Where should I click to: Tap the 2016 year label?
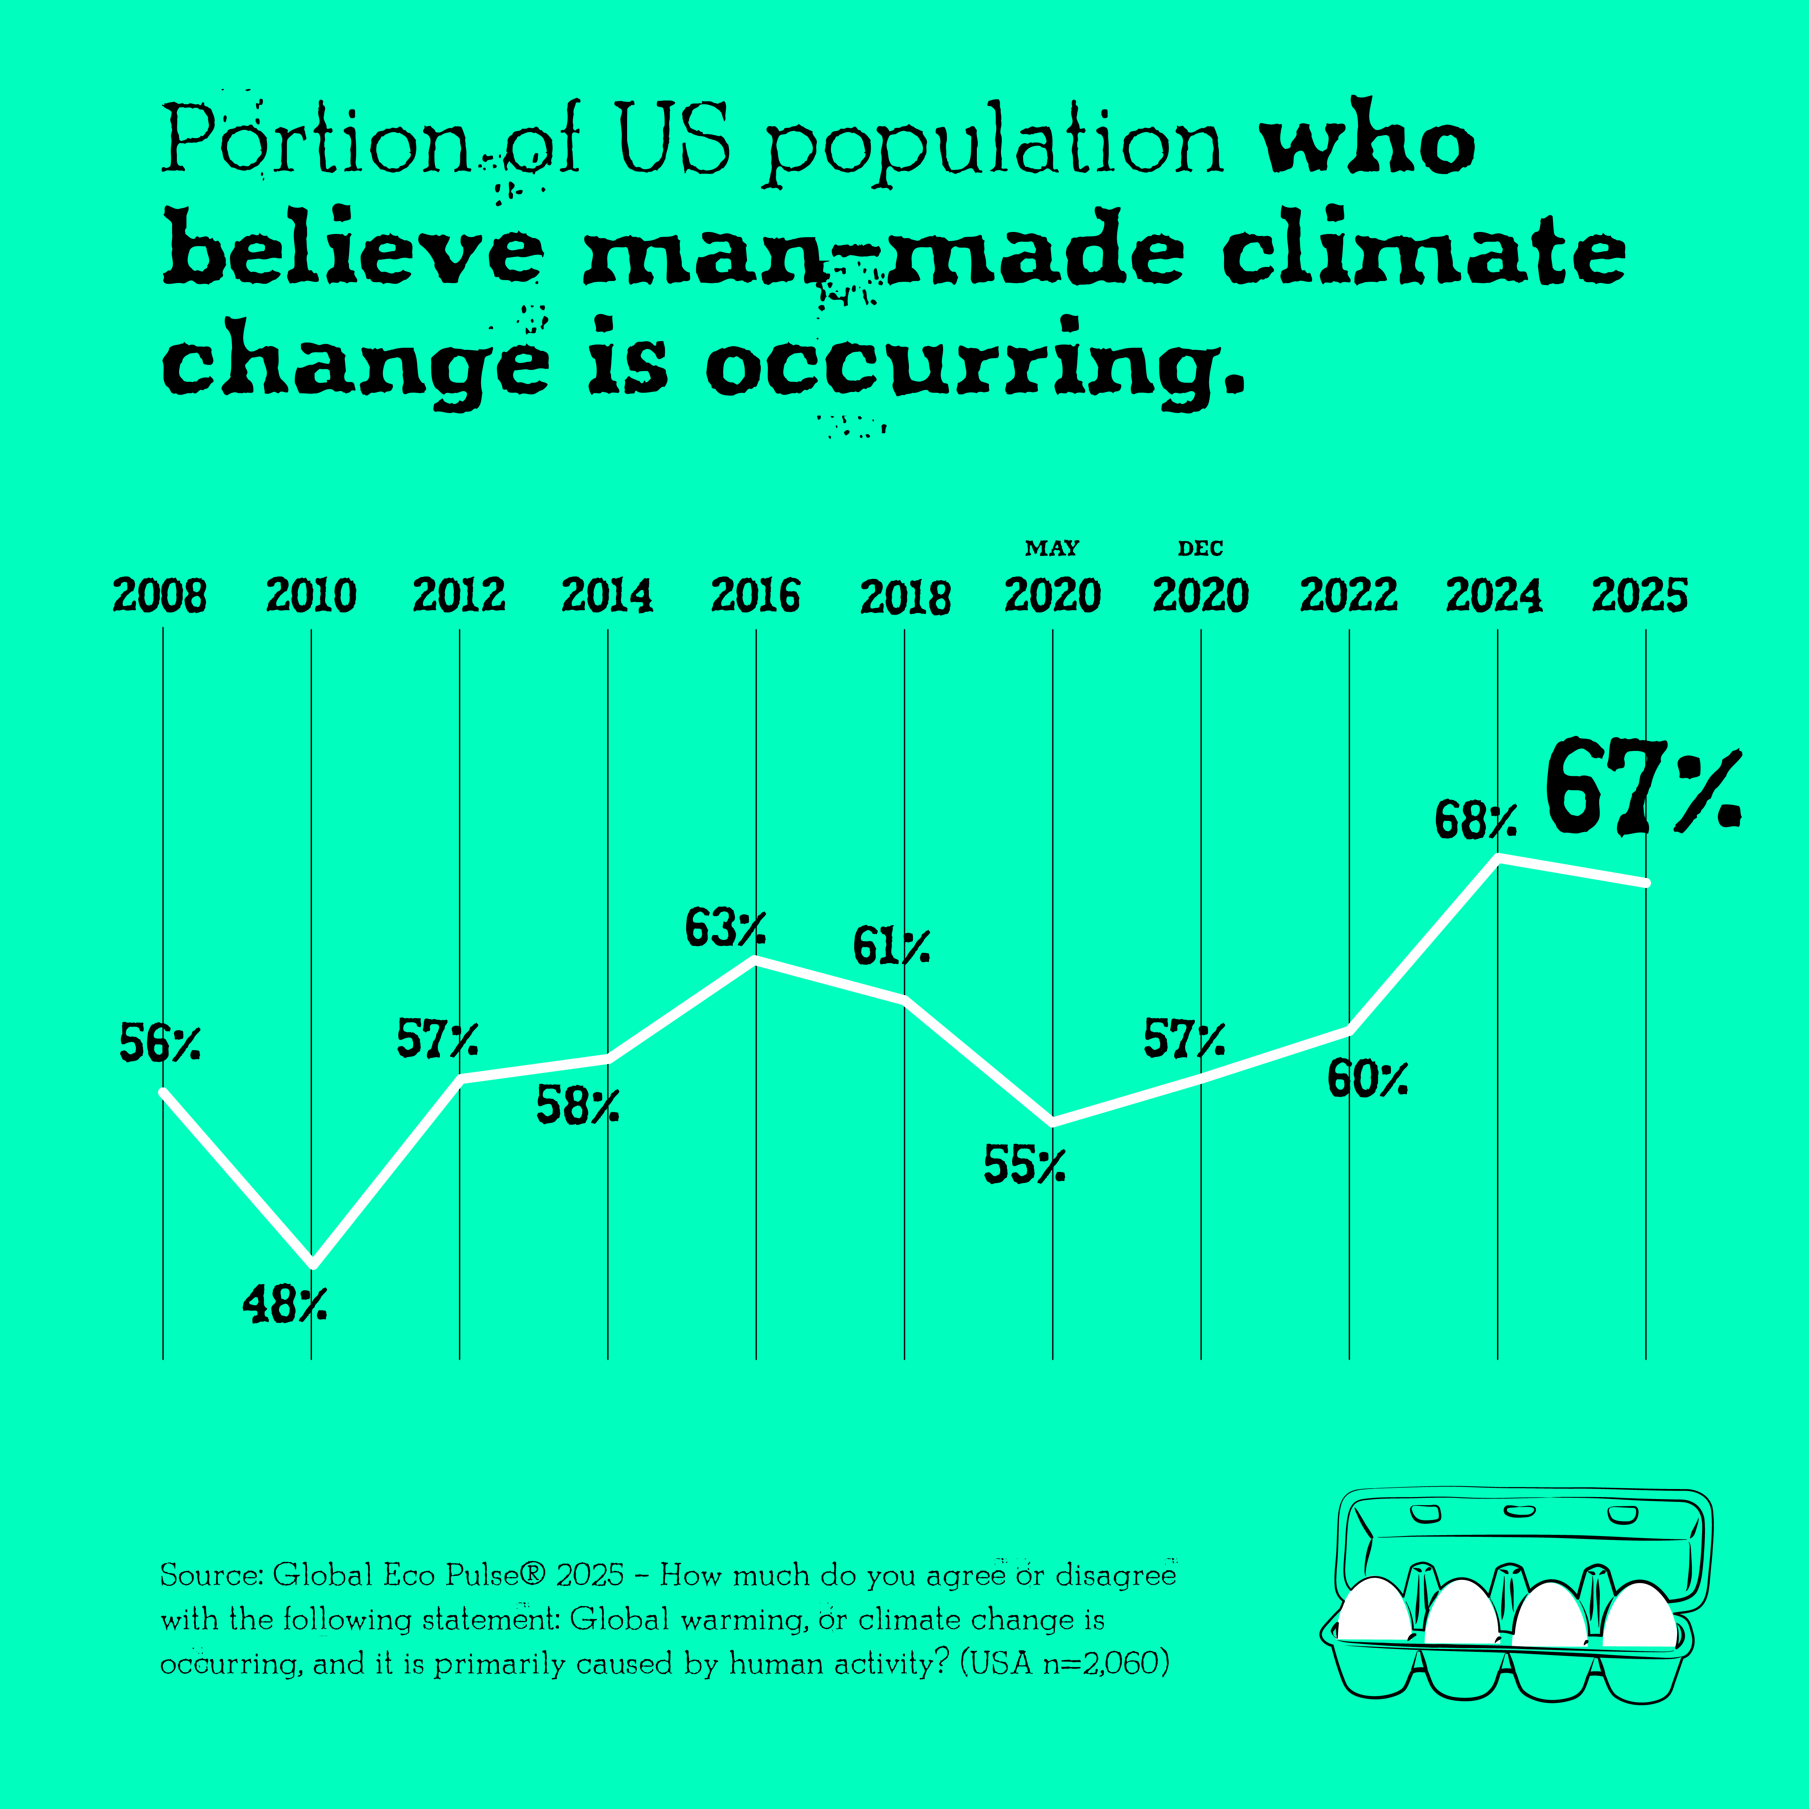click(756, 595)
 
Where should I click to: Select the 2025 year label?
click(1639, 595)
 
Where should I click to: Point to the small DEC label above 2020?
click(1200, 548)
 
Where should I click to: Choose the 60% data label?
click(1367, 1080)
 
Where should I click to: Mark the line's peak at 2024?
click(1498, 858)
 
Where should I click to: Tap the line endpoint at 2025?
click(1645, 882)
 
